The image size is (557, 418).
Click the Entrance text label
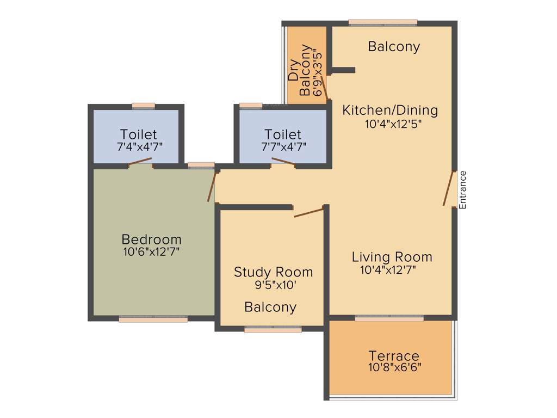[x=463, y=190]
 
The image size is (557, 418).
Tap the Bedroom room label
[x=151, y=239]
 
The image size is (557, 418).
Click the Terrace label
[x=394, y=356]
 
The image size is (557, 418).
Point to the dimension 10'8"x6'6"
[x=394, y=367]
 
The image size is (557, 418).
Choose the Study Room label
[x=273, y=272]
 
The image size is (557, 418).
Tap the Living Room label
[x=392, y=257]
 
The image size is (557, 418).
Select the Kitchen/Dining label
[x=389, y=110]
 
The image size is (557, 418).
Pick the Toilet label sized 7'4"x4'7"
[x=139, y=134]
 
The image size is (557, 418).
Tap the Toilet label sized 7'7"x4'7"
[x=282, y=134]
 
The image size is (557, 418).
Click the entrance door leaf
[x=449, y=189]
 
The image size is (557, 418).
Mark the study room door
[x=309, y=212]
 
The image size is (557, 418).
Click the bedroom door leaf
[x=212, y=187]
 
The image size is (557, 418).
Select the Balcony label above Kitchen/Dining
[x=394, y=47]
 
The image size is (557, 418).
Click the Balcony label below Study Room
[x=270, y=307]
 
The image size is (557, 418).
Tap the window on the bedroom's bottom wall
[x=153, y=319]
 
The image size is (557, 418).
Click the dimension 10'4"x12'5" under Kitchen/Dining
[x=393, y=124]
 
